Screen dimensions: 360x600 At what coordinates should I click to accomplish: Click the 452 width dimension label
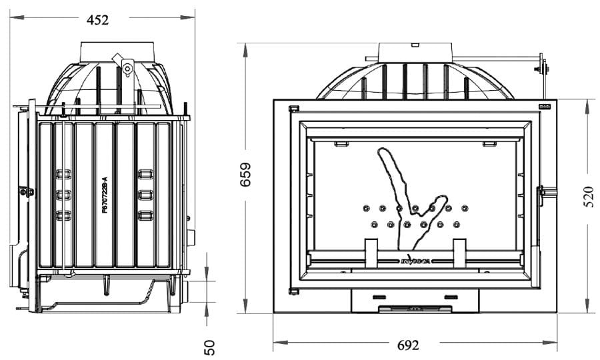[x=97, y=20]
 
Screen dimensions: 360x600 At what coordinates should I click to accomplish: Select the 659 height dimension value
[x=245, y=174]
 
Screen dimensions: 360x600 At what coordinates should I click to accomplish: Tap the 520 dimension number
[x=589, y=196]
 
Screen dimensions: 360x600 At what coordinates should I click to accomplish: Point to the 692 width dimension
[x=407, y=345]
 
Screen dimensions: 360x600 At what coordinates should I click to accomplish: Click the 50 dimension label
[x=209, y=347]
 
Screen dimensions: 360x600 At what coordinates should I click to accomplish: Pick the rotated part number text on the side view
[x=104, y=195]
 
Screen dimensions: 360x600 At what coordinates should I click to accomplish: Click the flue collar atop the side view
[x=120, y=51]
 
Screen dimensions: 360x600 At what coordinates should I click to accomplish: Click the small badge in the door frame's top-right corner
[x=543, y=106]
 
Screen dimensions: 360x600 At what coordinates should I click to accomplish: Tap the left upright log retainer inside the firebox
[x=371, y=253]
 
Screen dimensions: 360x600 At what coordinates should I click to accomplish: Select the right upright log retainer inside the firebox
[x=459, y=253]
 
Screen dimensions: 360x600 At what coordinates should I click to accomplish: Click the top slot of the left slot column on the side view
[x=64, y=174]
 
